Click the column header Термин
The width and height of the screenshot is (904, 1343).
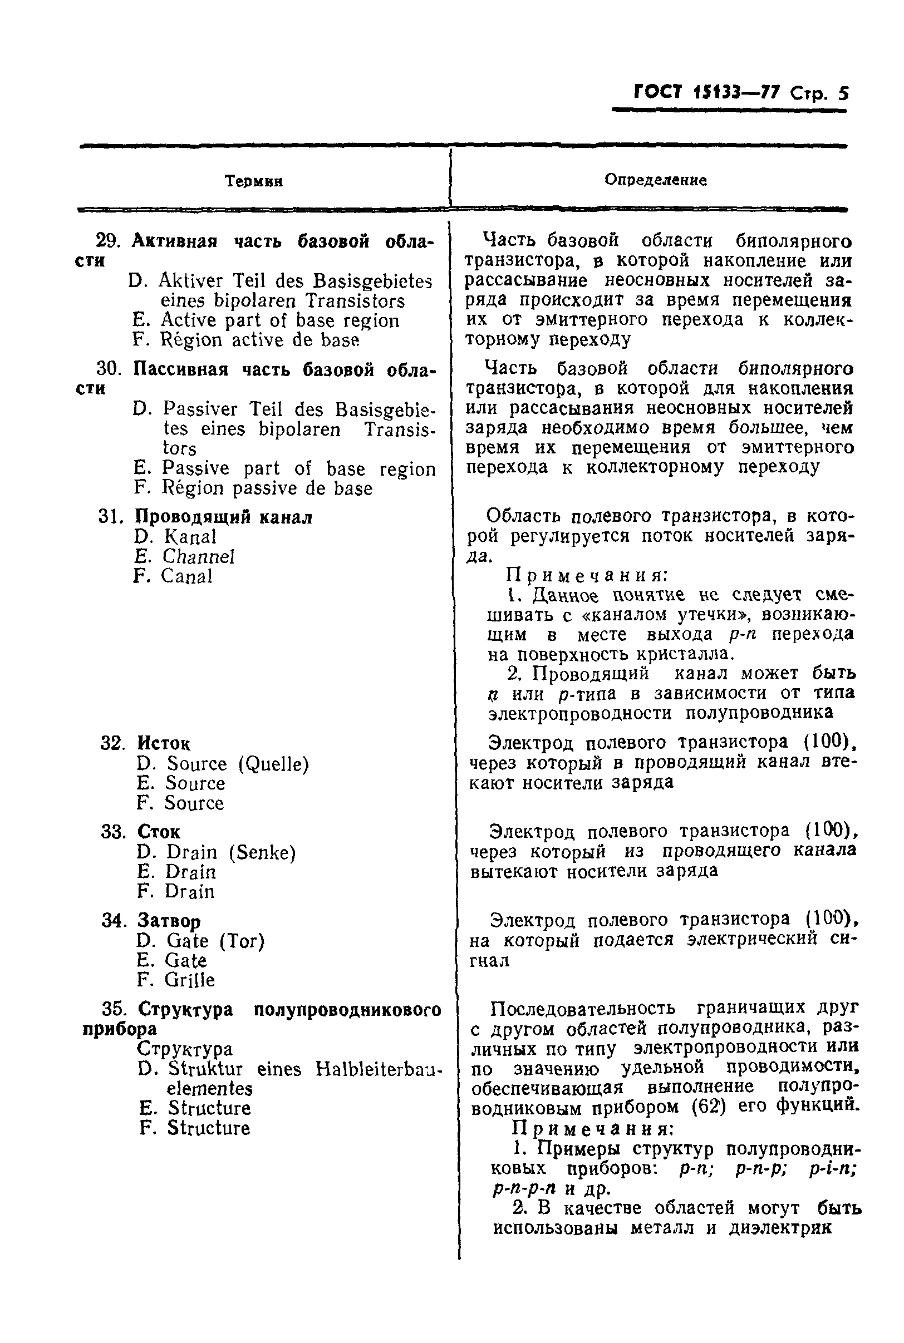point(254,181)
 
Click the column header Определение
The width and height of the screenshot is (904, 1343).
point(656,180)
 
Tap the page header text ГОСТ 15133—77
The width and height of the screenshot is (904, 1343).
point(707,92)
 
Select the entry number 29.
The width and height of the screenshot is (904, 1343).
point(107,241)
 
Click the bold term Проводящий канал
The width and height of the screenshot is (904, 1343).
point(223,517)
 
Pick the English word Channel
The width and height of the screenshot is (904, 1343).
point(198,556)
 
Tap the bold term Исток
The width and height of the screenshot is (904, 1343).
point(164,743)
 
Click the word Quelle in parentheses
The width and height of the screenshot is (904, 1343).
point(274,764)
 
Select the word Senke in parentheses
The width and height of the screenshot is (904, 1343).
point(263,853)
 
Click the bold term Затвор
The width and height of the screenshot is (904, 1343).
point(169,921)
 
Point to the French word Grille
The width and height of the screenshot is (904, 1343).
point(190,980)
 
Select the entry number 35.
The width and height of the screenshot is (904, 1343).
point(114,1010)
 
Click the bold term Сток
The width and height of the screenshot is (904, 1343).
point(159,832)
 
